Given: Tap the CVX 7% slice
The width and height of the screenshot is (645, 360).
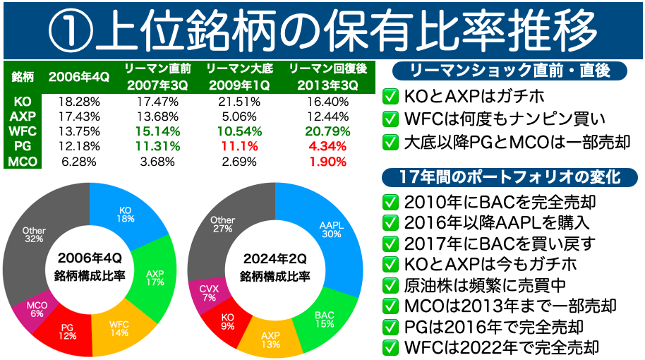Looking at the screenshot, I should pyautogui.click(x=208, y=294).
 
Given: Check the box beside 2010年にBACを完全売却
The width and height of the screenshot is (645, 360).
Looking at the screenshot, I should pyautogui.click(x=390, y=202).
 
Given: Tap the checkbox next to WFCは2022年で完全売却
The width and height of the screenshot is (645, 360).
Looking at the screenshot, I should pyautogui.click(x=390, y=347).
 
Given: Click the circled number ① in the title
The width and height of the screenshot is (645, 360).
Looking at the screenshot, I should pyautogui.click(x=71, y=29).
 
